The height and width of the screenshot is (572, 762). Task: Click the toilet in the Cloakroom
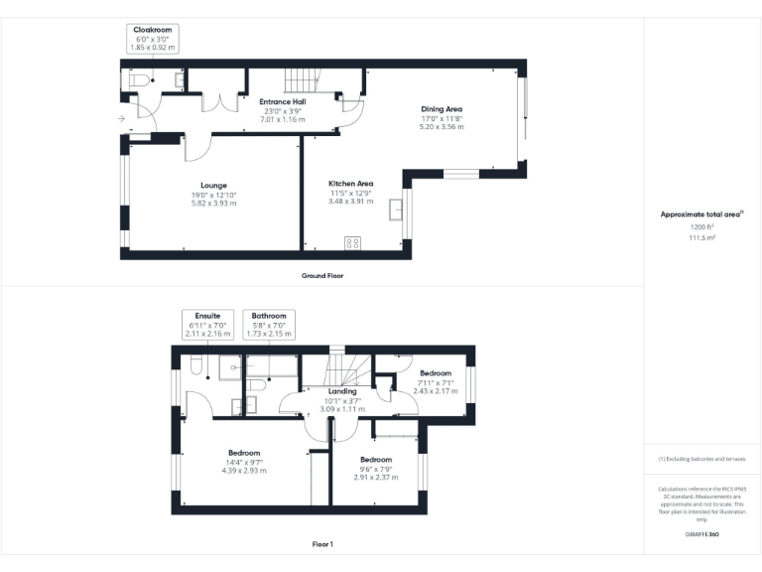[x=137, y=79]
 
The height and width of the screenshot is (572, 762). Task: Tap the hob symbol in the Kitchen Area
[x=351, y=242]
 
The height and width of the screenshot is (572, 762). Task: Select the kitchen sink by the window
[x=397, y=211]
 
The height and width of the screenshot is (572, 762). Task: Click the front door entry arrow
[x=121, y=119]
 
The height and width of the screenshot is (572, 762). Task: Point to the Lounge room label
[x=213, y=185]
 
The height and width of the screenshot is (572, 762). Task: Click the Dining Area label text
[x=442, y=109]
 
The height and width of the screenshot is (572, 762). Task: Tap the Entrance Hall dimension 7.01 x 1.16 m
[x=283, y=119]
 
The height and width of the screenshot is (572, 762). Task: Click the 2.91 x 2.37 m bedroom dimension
[x=376, y=477]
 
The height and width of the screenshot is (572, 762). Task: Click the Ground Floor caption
[x=321, y=275]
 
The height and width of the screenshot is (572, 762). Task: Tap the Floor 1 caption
[x=322, y=544]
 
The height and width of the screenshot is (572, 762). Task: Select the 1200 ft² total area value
[x=702, y=227]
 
